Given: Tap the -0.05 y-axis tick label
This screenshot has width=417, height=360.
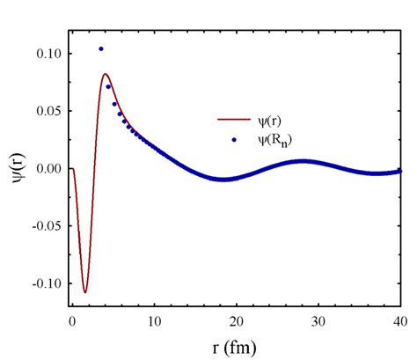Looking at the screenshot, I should [x=45, y=225].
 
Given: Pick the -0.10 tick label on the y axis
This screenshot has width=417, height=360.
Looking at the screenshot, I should [x=45, y=283].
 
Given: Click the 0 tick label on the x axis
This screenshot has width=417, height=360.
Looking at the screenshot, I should [x=71, y=322].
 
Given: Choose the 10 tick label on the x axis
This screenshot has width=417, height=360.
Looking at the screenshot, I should [x=154, y=322].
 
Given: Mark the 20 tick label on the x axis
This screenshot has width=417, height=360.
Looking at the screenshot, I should [x=236, y=322].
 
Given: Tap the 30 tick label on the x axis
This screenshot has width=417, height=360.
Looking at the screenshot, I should [x=318, y=322].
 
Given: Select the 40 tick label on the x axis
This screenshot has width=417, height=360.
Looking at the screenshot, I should [x=399, y=322].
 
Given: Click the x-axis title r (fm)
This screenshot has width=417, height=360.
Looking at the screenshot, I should [x=236, y=348].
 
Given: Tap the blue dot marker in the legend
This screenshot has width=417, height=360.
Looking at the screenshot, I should [x=234, y=139].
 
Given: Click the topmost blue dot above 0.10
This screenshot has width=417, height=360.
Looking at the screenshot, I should [x=101, y=49].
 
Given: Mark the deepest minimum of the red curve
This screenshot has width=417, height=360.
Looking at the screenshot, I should [x=85, y=291].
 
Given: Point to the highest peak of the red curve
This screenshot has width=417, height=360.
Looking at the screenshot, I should [x=105, y=74].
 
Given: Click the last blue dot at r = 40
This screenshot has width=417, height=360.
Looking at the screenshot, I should [x=399, y=171].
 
